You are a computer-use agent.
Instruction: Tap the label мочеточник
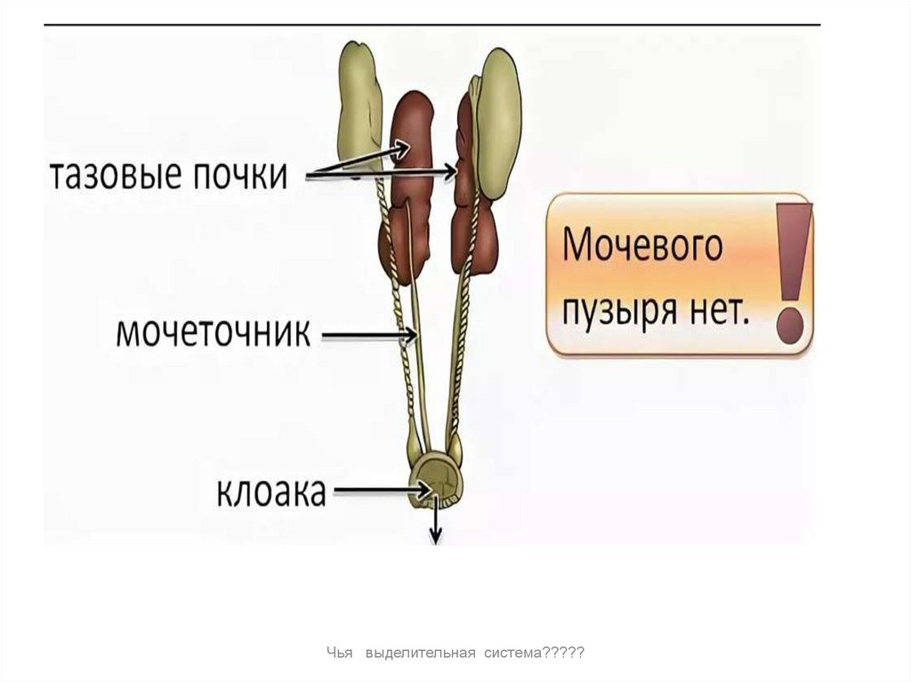pyautogui.click(x=214, y=335)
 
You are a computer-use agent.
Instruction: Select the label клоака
pyautogui.click(x=271, y=492)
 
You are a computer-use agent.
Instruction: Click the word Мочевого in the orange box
pyautogui.click(x=643, y=245)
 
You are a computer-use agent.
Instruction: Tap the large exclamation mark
pyautogui.click(x=791, y=271)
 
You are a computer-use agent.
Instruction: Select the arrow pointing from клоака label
pyautogui.click(x=378, y=490)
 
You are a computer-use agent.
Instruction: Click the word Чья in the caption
pyautogui.click(x=335, y=654)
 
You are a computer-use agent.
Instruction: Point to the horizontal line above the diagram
pyautogui.click(x=431, y=24)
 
